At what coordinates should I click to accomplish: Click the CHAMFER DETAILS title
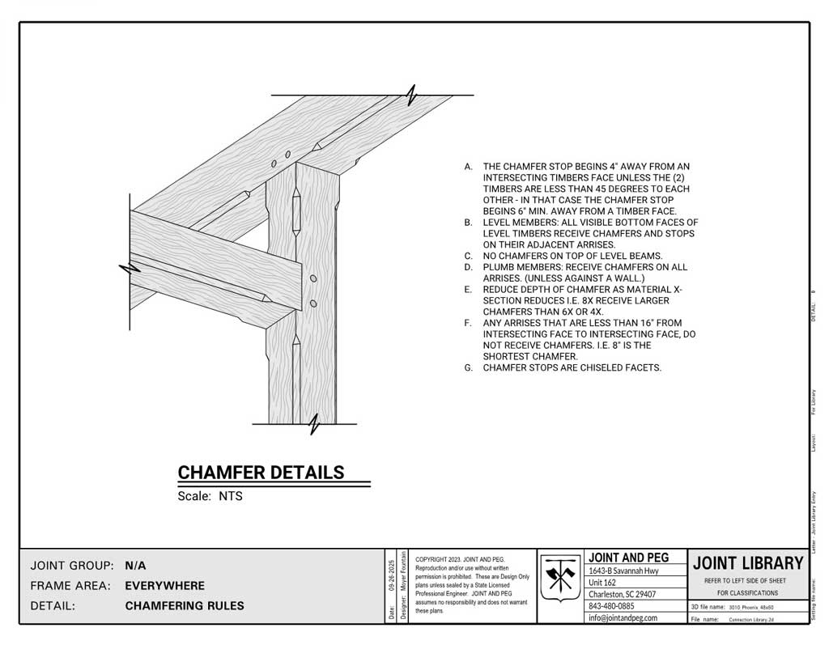[x=261, y=473]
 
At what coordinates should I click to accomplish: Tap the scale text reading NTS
[x=231, y=497]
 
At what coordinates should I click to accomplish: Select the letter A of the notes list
[x=468, y=167]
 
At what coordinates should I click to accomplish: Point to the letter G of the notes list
[x=468, y=367]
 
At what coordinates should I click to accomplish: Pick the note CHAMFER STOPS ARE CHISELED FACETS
[x=572, y=367]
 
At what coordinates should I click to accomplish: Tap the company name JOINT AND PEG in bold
[x=627, y=558]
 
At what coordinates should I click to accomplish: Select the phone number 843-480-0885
[x=611, y=605]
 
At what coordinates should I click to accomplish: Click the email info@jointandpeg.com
[x=623, y=617]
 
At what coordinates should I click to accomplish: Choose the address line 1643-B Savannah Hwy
[x=623, y=571]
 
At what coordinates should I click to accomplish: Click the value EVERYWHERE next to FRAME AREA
[x=165, y=586]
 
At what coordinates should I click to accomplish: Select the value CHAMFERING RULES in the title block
[x=185, y=606]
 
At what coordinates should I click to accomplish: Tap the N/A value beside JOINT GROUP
[x=136, y=566]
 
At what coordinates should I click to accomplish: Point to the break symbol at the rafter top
[x=413, y=95]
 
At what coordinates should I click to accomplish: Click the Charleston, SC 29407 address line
[x=622, y=594]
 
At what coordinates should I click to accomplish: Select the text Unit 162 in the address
[x=602, y=583]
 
